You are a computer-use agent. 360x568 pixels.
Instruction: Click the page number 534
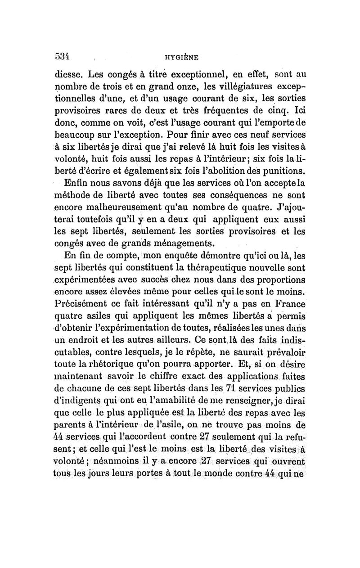[x=63, y=57]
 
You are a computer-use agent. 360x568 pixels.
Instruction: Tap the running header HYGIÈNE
[x=181, y=58]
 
